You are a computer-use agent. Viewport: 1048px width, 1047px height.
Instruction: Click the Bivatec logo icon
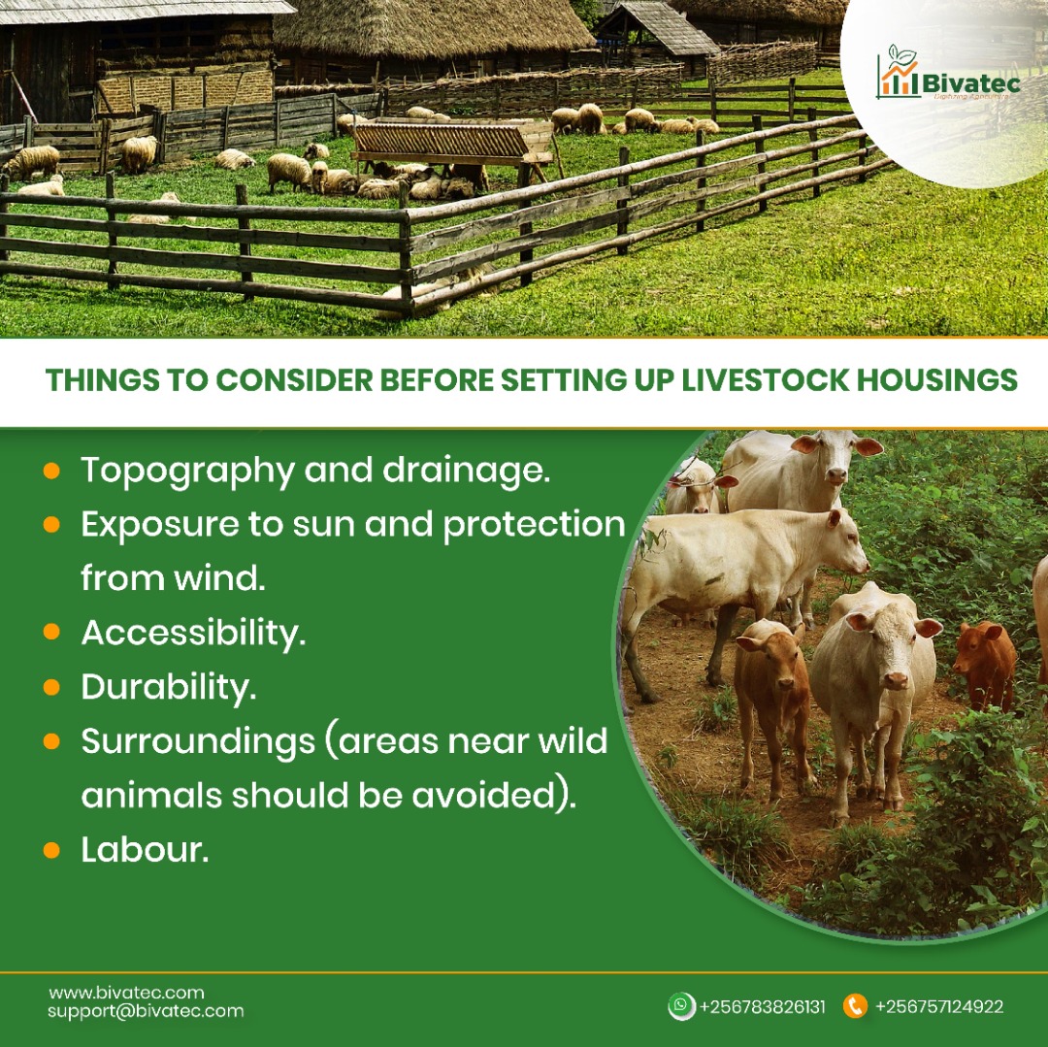(898, 74)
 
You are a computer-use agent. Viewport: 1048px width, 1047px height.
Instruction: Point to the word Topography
(187, 472)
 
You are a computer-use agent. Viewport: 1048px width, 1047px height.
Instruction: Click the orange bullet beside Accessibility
(51, 633)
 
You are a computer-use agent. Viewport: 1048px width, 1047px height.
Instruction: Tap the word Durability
(168, 687)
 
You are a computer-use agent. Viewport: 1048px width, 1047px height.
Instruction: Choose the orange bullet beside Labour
(51, 850)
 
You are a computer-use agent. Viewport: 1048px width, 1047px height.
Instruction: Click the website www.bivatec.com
(126, 993)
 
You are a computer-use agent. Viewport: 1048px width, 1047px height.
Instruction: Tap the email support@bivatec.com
(146, 1011)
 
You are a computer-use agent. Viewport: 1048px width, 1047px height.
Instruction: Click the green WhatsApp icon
(682, 1006)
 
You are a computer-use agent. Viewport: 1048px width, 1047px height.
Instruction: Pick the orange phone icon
(855, 1006)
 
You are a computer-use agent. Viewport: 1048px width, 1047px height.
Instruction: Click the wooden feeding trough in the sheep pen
(452, 144)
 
